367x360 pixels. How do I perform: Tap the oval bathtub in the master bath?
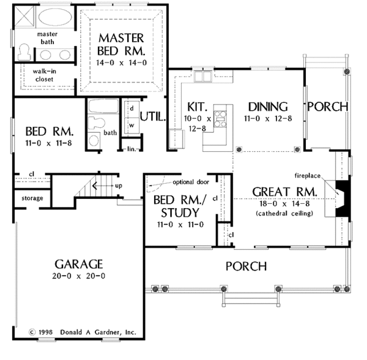pyautogui.click(x=55, y=17)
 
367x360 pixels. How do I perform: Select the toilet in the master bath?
pyautogui.click(x=24, y=52)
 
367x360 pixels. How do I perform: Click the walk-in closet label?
pyautogui.click(x=44, y=75)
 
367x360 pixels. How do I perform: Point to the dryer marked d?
pyautogui.click(x=132, y=109)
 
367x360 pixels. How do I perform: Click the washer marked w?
pyautogui.click(x=132, y=126)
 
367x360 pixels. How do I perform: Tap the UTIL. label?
pyautogui.click(x=153, y=116)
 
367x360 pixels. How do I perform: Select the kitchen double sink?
pyautogui.click(x=203, y=76)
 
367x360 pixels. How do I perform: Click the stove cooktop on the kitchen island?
pyautogui.click(x=220, y=119)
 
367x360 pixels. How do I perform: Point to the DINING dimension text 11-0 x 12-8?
pyautogui.click(x=268, y=119)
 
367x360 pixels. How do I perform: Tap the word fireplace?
pyautogui.click(x=307, y=176)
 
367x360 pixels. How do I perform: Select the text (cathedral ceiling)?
pyautogui.click(x=284, y=214)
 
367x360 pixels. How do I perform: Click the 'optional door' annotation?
pyautogui.click(x=191, y=182)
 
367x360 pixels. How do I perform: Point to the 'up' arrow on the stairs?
pyautogui.click(x=105, y=186)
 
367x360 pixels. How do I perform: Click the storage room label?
pyautogui.click(x=32, y=198)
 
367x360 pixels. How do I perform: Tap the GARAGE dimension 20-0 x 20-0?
pyautogui.click(x=79, y=276)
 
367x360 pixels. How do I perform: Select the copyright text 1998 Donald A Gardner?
pyautogui.click(x=83, y=332)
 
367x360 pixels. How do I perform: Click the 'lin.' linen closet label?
pyautogui.click(x=132, y=149)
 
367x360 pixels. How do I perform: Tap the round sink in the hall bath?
pyautogui.click(x=94, y=141)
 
